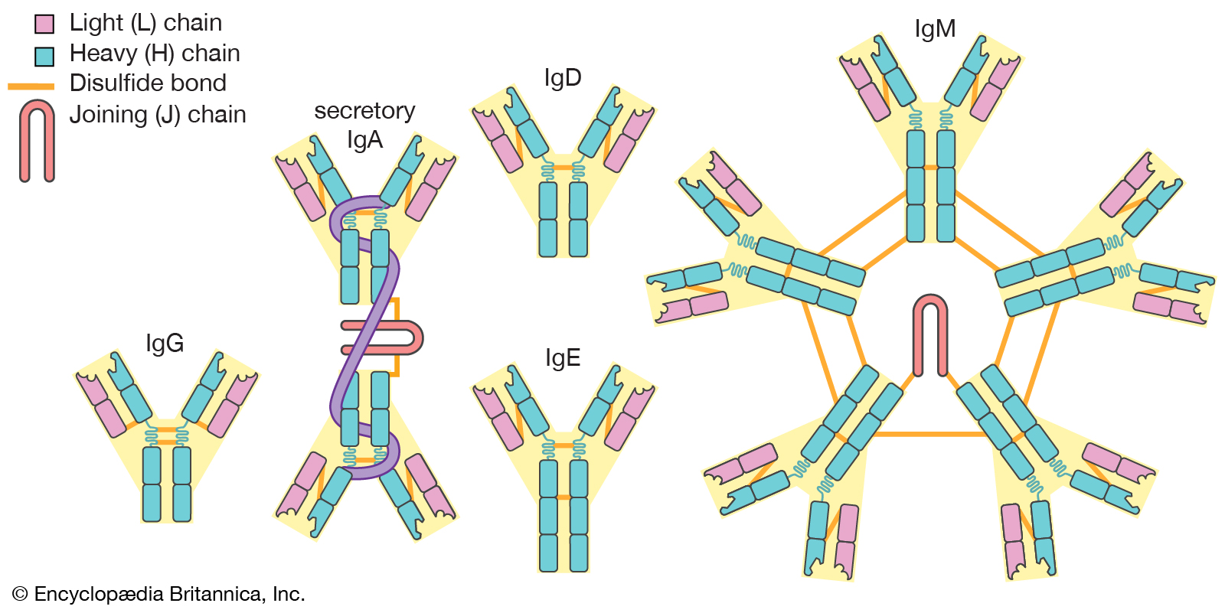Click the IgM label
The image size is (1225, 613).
point(935,29)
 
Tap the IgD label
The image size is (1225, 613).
point(563,77)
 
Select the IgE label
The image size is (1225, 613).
point(563,357)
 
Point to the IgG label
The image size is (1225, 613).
point(165,343)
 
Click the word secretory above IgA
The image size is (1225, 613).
point(364,111)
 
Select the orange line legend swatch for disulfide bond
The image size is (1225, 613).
point(31,86)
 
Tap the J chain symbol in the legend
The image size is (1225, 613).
point(37,142)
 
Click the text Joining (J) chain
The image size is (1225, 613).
point(158,115)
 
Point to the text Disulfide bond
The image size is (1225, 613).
point(148,83)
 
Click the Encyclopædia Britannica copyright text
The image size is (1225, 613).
point(158,595)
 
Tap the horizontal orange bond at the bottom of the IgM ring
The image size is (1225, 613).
point(930,434)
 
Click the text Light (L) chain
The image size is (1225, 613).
point(145,23)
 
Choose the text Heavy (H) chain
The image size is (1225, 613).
point(155,54)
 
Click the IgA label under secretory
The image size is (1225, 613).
point(364,140)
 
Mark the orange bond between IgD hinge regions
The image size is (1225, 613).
point(563,167)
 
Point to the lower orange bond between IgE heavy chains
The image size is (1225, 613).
point(563,497)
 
